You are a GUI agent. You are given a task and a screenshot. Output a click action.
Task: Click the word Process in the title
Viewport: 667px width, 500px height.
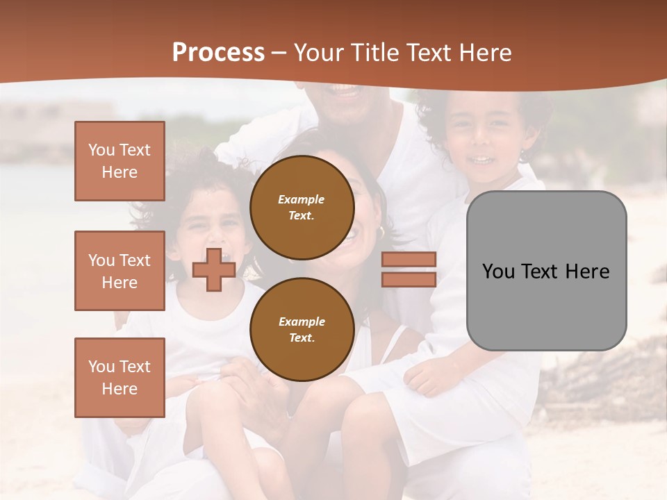point(218,53)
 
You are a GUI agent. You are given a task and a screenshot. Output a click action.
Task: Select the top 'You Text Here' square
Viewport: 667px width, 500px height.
point(120,161)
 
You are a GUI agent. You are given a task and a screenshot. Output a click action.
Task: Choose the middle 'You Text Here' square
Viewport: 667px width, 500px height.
point(120,271)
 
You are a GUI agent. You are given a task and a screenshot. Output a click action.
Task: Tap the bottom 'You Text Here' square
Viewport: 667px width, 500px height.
point(120,378)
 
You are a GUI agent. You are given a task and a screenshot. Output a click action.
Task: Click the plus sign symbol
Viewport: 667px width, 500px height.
point(213,269)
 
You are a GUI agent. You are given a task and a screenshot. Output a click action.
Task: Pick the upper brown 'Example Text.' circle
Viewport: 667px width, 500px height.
point(302,208)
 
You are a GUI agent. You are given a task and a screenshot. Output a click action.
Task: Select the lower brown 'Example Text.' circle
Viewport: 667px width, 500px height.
point(302,329)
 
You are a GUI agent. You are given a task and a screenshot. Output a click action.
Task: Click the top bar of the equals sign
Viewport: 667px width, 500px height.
point(409,260)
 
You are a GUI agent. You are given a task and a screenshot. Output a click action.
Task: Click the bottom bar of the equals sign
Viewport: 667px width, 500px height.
point(409,279)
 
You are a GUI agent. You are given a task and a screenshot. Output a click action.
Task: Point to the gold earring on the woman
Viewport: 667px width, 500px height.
point(381,232)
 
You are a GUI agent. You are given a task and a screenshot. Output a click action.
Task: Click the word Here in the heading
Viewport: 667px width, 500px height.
point(483,53)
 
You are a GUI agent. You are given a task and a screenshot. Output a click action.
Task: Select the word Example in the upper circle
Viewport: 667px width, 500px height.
point(302,199)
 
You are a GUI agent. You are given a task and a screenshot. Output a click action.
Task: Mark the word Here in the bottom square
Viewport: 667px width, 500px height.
point(120,389)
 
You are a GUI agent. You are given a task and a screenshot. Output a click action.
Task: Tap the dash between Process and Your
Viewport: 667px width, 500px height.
point(279,53)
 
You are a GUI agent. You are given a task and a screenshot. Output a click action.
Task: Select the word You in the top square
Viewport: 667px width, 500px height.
point(101,150)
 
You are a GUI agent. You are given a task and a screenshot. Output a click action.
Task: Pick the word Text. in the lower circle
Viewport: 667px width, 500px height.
point(302,337)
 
